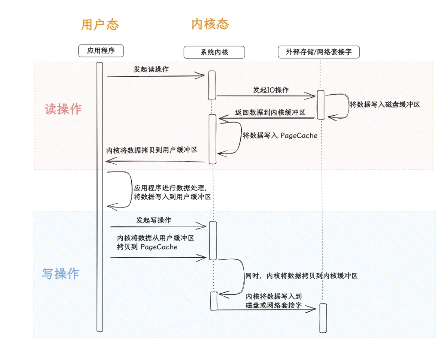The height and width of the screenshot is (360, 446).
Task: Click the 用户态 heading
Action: (100, 25)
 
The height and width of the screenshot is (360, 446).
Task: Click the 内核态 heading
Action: (210, 24)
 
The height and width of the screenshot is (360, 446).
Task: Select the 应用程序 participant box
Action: (101, 51)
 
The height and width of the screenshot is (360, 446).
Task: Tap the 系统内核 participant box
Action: (214, 52)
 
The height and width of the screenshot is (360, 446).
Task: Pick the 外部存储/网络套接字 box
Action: (319, 52)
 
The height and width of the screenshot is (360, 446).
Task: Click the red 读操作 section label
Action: (63, 109)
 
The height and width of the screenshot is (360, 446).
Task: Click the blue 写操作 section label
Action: (60, 274)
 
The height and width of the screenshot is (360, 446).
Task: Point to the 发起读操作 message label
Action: (151, 69)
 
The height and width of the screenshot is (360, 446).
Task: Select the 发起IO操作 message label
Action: (271, 90)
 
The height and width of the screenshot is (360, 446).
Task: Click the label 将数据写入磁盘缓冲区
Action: (384, 105)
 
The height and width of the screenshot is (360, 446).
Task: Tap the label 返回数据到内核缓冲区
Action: (270, 113)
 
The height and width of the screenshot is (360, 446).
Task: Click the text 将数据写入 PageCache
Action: (280, 135)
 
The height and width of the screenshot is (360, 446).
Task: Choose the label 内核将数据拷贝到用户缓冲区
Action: (152, 150)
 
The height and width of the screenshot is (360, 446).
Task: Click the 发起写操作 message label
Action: (153, 220)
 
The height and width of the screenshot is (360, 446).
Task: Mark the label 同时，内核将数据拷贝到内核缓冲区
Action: (301, 276)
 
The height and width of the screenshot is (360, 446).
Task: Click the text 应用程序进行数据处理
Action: (170, 188)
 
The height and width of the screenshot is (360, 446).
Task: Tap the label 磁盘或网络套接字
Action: (273, 305)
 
